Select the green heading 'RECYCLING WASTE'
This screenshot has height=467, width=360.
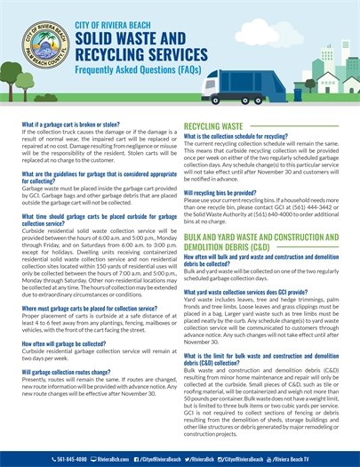pyautogui.click(x=215, y=127)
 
